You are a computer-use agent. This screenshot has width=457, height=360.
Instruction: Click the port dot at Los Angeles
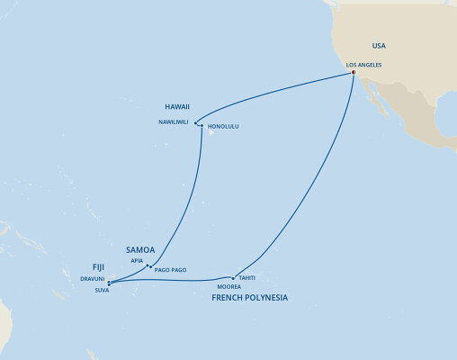(354, 74)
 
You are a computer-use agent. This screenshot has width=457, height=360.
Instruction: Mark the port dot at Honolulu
(202, 124)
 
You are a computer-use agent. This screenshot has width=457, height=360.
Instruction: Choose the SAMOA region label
(139, 249)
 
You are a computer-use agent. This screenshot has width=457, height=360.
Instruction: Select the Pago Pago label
(169, 270)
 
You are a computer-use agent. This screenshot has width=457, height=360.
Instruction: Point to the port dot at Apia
(148, 265)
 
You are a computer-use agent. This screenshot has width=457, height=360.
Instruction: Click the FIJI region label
(103, 266)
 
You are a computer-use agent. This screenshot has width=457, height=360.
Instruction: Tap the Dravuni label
(93, 277)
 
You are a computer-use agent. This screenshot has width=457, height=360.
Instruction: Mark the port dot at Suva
(110, 284)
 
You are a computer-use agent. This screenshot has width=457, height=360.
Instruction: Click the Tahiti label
(247, 278)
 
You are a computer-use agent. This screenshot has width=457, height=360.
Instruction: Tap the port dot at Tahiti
(234, 277)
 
